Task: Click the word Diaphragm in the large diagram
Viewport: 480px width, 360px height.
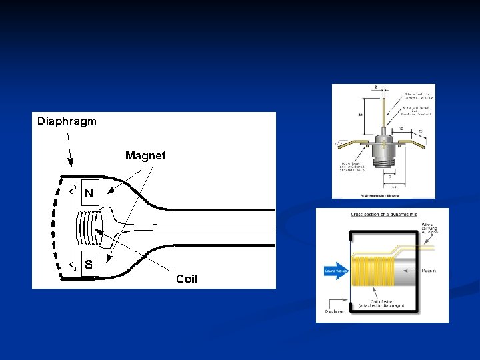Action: [67, 121]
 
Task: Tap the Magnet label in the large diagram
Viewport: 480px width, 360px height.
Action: [145, 156]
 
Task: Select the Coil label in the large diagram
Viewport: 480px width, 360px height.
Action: [187, 279]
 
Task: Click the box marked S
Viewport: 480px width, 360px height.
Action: [89, 264]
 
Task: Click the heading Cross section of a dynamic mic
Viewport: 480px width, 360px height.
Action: [383, 215]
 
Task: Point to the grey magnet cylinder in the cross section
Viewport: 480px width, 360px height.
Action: [407, 270]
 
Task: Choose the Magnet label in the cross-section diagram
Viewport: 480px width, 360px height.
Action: [430, 271]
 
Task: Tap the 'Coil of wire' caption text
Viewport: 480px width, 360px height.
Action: [381, 303]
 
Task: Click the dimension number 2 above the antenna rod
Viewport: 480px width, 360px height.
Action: [375, 88]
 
